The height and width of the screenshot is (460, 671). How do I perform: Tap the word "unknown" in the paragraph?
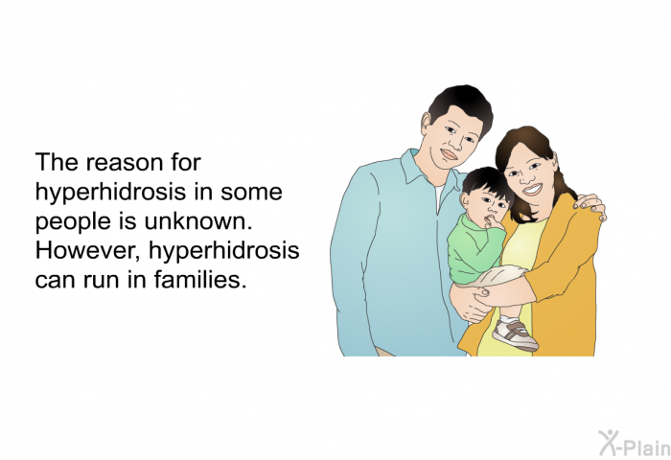point(198,220)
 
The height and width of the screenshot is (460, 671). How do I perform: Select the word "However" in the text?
point(88,250)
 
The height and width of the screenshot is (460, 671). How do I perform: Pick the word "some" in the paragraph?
point(251,192)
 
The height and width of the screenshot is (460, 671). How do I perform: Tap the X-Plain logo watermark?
point(635,443)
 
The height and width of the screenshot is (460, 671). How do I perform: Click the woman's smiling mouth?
point(532,189)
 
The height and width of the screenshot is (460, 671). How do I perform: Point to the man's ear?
point(426,125)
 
